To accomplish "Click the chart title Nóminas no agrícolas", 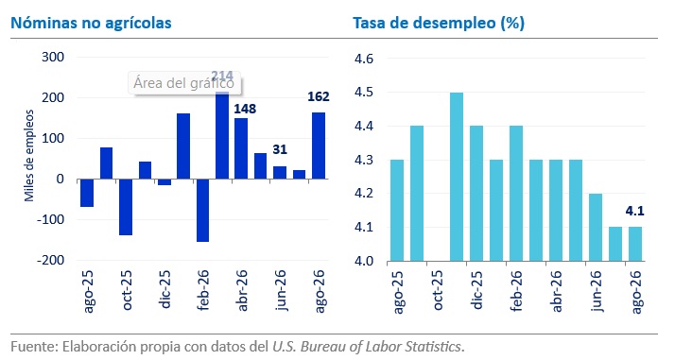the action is (91, 23).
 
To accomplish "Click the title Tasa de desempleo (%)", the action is (439, 23).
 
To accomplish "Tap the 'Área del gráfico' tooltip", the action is (184, 83).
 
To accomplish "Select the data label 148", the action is (245, 109).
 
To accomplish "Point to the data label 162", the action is (319, 96).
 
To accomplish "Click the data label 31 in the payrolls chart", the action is (280, 149).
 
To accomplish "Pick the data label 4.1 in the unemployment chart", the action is (634, 211).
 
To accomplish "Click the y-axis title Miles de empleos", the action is (29, 156).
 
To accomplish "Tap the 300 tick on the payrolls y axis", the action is (53, 58).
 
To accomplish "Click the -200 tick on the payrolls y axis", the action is (50, 260).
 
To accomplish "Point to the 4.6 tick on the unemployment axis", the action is (364, 58).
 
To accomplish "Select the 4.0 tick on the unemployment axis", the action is (364, 261).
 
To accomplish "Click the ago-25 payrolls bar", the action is (87, 193).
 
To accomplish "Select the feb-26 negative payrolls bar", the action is (202, 211).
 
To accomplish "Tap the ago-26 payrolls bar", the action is (319, 146).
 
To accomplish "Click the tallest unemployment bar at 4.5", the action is (457, 177).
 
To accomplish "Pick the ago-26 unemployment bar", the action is (635, 244).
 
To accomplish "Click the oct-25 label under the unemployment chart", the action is (437, 290).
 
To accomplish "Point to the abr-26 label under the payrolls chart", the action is (242, 290).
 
